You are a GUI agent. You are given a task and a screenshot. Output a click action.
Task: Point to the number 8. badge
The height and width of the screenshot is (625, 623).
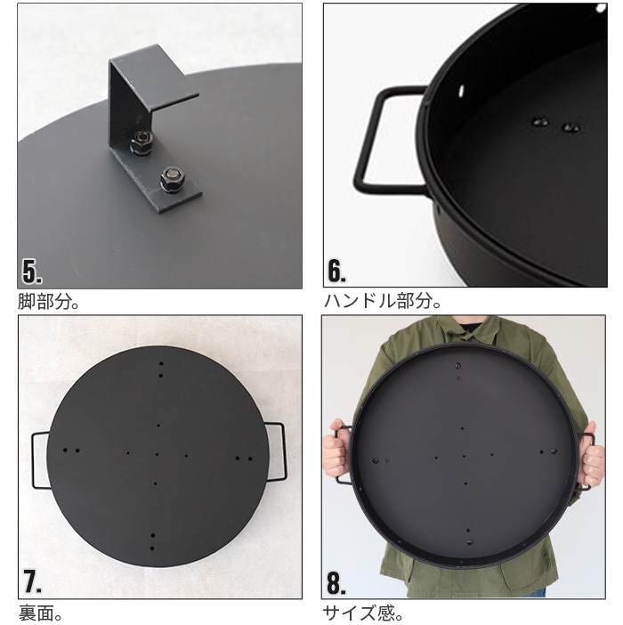coord(336,581)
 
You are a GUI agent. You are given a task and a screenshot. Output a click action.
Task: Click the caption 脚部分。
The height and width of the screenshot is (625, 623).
coord(49,302)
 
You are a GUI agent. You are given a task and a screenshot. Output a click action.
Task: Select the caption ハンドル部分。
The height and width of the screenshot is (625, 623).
coord(382,302)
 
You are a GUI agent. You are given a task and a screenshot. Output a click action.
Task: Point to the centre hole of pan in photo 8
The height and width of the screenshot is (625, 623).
coord(464,456)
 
